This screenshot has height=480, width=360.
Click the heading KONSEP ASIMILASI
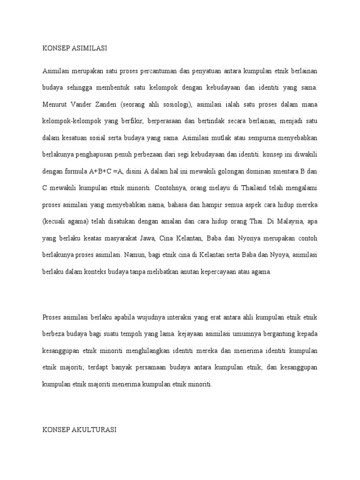[x=75, y=48]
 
